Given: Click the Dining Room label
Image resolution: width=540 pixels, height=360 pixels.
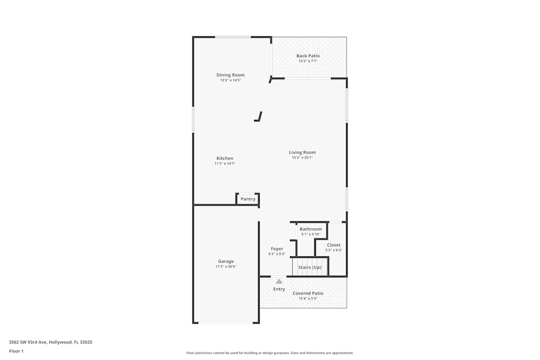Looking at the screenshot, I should tap(231, 75).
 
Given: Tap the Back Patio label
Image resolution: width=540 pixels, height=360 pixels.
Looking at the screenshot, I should tap(308, 56).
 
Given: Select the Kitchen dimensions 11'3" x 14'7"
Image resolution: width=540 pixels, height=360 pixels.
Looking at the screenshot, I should tap(225, 164).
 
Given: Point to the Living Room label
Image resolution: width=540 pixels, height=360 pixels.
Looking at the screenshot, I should tap(302, 152).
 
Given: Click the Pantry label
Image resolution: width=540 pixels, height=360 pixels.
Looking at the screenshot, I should tap(248, 199).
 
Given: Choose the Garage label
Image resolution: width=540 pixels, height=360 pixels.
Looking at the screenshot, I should tap(226, 261).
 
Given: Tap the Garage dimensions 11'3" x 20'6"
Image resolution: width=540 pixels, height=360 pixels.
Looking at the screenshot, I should tap(226, 267).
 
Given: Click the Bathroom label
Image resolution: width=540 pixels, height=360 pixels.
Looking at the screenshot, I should tap(310, 229).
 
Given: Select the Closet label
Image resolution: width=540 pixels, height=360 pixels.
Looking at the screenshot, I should tap(334, 245).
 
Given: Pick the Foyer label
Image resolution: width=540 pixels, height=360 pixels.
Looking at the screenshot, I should tap(277, 249).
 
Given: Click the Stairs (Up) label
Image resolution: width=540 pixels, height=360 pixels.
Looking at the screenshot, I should tap(310, 267).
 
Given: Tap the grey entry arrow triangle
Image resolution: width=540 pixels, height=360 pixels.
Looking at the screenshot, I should tap(279, 281).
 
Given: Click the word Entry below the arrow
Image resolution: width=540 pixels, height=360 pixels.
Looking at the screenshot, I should tap(279, 289).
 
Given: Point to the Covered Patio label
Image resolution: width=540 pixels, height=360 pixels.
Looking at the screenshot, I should tap(308, 293).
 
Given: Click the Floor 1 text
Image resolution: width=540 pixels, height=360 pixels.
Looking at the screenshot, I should tap(16, 351).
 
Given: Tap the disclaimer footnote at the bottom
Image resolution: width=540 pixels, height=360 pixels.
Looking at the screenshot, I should tap(270, 353).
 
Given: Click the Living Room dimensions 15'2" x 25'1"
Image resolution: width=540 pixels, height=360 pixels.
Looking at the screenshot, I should tap(302, 158).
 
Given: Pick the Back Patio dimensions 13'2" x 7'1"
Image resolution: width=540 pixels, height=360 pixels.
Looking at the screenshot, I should tap(308, 61).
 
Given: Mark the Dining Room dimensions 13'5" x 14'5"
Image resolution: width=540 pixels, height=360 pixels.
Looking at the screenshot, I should tap(231, 80).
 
